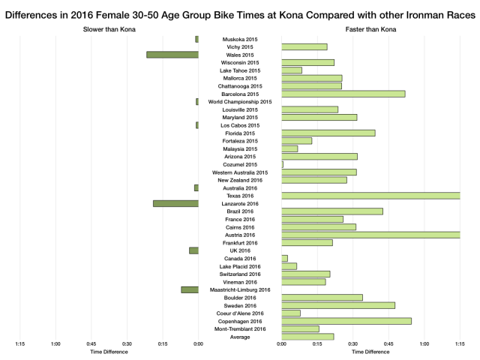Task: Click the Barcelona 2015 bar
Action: point(343,94)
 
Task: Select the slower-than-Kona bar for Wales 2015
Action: point(172,55)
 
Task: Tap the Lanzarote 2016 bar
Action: point(175,203)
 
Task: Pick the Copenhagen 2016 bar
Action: point(346,321)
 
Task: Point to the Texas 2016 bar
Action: point(370,196)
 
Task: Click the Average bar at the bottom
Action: point(307,337)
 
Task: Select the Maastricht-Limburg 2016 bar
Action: point(190,289)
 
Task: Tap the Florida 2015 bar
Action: point(328,133)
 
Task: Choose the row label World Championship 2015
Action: point(240,101)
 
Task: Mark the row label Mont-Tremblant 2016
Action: point(240,328)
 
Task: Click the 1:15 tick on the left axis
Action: point(20,344)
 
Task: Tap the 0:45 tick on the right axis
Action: point(388,344)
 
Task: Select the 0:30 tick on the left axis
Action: point(127,344)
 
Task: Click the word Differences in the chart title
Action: point(35,10)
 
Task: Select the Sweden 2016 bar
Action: point(338,305)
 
